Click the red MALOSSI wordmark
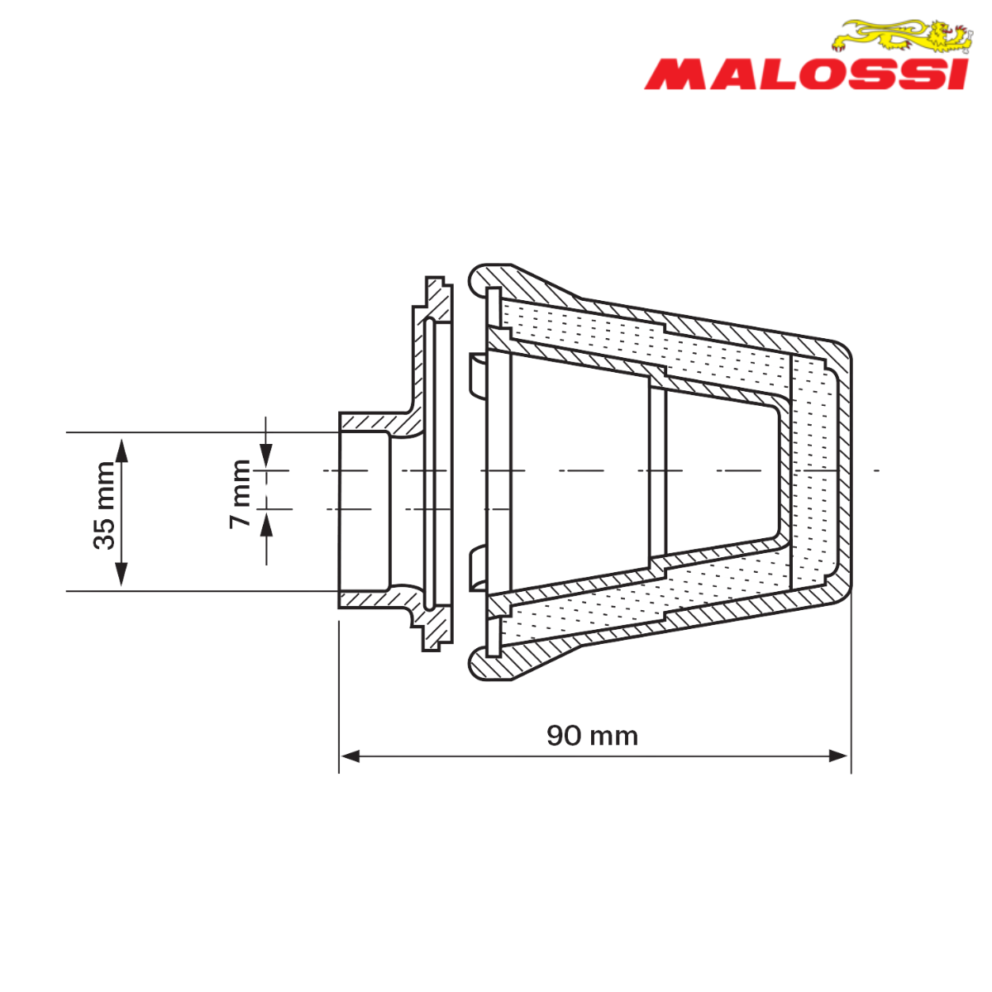click(x=806, y=75)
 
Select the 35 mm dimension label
click(x=104, y=506)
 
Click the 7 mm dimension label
click(x=241, y=494)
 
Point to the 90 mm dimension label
click(x=593, y=737)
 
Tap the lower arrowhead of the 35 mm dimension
click(x=121, y=574)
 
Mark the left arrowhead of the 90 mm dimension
click(x=351, y=756)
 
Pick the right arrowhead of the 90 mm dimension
click(x=838, y=756)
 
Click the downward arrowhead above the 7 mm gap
click(x=265, y=455)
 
